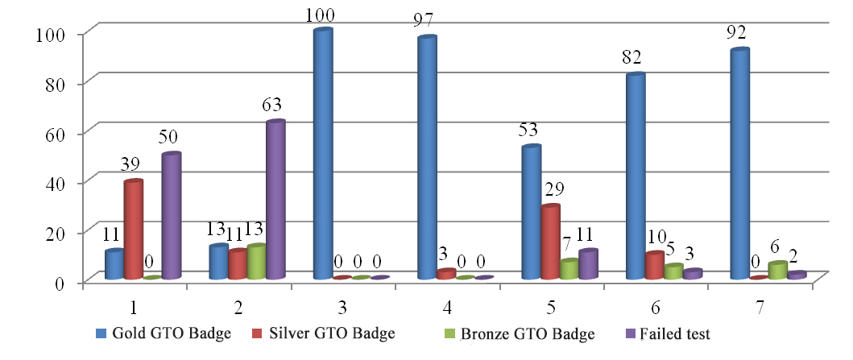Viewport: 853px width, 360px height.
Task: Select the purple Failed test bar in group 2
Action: tap(275, 201)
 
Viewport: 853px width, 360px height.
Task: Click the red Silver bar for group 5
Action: tap(550, 242)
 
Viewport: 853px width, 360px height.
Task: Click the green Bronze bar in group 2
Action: tap(256, 263)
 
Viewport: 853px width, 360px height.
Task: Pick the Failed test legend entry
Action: tap(668, 333)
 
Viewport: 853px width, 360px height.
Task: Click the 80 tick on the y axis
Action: tap(65, 84)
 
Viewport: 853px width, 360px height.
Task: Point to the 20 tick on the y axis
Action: tap(65, 232)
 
